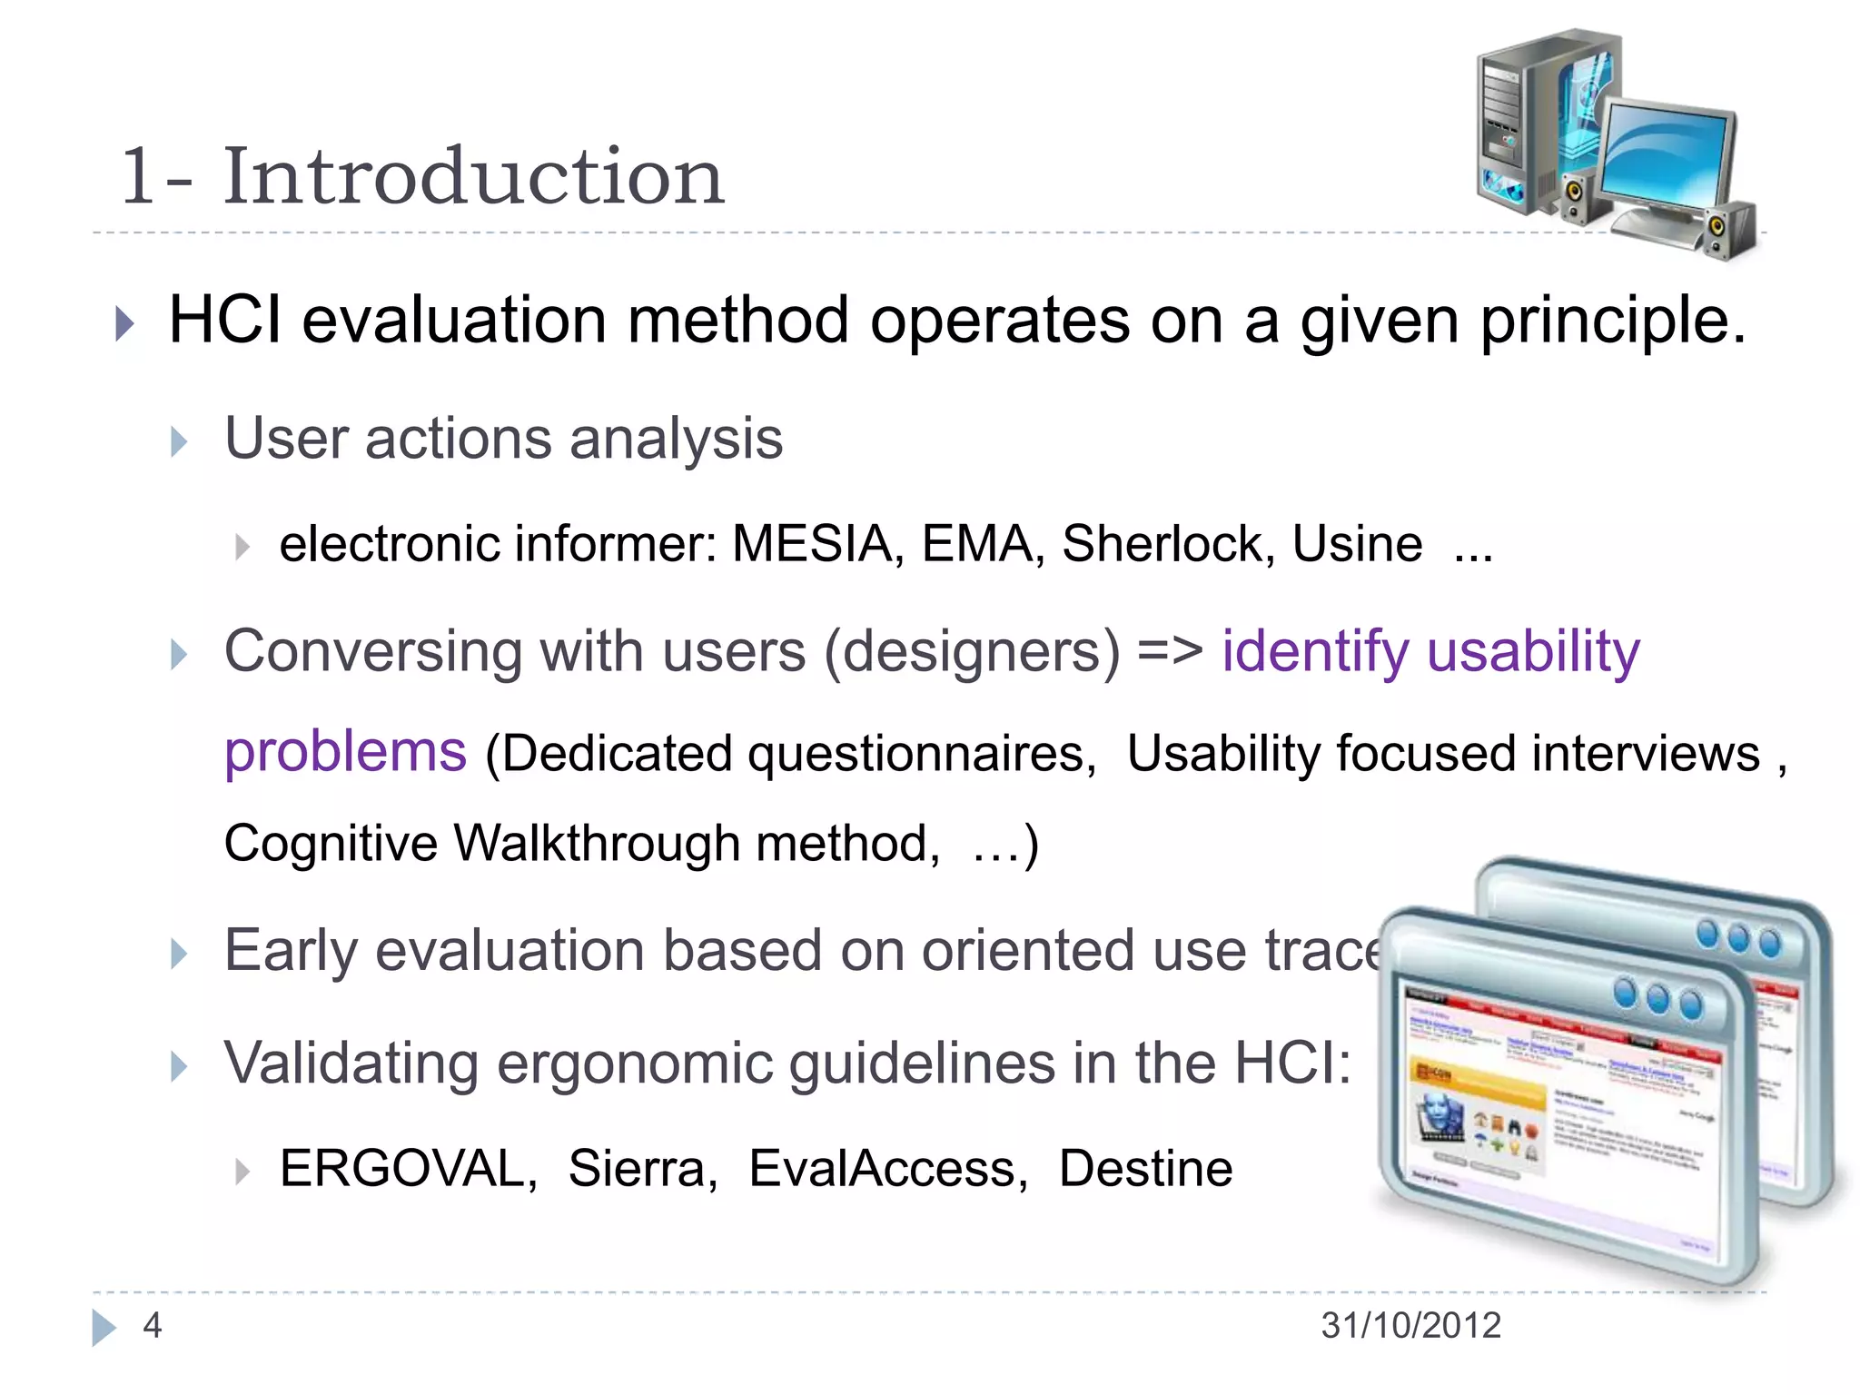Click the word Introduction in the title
(x=473, y=176)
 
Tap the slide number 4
(x=153, y=1325)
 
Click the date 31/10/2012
(x=1410, y=1325)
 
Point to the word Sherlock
(x=1162, y=544)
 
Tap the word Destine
(x=1145, y=1168)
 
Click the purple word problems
(x=345, y=754)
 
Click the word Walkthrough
(x=597, y=843)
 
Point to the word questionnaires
(x=921, y=754)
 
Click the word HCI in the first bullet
(x=225, y=321)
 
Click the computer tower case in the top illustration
(x=1526, y=118)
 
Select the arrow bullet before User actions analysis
(x=179, y=442)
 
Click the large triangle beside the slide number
(x=104, y=1327)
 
